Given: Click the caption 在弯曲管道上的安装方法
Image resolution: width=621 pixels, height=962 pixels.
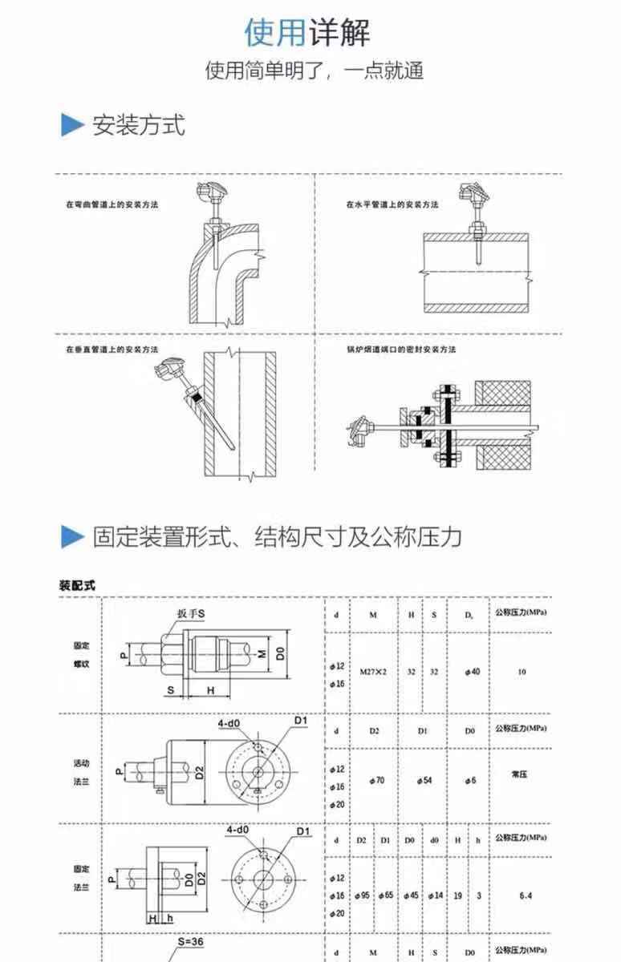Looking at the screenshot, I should click(x=112, y=205).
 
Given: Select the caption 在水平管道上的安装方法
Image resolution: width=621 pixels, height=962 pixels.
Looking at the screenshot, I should click(x=392, y=205).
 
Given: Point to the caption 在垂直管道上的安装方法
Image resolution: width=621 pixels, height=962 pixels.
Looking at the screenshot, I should click(x=112, y=350).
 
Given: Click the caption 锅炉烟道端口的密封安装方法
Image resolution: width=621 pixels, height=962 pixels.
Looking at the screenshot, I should click(x=401, y=350).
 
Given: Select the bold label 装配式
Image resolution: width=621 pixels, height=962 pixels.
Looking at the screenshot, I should click(x=77, y=585).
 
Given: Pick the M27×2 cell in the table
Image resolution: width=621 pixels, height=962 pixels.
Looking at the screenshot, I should click(x=373, y=672).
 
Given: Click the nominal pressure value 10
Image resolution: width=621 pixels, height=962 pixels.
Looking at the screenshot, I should click(x=522, y=672).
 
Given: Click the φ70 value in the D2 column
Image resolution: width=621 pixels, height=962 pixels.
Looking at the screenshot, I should click(x=375, y=780).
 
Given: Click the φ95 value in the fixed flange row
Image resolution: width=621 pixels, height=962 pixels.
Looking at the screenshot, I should click(x=362, y=895).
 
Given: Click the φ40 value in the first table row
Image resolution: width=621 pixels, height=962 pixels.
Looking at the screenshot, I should click(x=472, y=672).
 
